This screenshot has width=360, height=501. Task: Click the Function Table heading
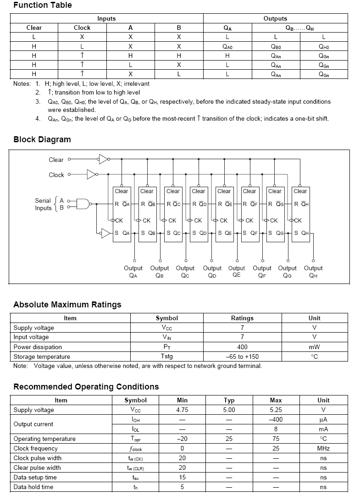point(43,6)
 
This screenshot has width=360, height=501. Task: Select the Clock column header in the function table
point(82,28)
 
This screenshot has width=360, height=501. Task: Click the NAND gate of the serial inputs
point(83,204)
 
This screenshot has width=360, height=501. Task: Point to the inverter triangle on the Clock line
point(92,174)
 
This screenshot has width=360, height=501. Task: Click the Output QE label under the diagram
point(237,272)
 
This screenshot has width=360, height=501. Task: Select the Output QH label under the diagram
point(313,272)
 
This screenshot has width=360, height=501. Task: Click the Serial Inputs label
point(44,204)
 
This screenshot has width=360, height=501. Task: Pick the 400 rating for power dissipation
point(242,347)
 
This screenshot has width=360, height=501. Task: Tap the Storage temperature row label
point(42,356)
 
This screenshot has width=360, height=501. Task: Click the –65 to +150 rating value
point(242,356)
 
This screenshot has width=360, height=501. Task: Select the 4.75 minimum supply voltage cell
point(182,410)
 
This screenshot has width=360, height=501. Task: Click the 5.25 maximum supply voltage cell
point(276,410)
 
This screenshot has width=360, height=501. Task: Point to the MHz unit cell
point(323,448)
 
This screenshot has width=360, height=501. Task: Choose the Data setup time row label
point(35,477)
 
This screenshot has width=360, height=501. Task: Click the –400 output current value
point(276,419)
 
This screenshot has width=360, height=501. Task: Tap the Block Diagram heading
point(42,139)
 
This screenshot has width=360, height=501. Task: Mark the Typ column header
point(229,400)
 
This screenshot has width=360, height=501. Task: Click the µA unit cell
point(323,419)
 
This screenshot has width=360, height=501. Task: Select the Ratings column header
point(242,318)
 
